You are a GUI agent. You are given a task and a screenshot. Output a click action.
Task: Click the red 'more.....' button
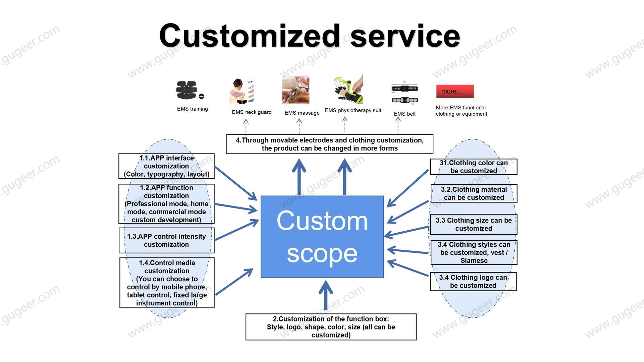pos(455,91)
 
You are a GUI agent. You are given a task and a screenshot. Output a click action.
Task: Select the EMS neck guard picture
pos(242,91)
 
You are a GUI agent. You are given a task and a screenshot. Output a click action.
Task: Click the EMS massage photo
pos(296,89)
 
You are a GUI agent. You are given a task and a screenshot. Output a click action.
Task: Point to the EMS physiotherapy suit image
pos(348,89)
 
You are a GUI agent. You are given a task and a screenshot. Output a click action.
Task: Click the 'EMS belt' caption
pos(405,114)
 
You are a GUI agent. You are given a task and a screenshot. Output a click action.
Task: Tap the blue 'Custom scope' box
pos(322,237)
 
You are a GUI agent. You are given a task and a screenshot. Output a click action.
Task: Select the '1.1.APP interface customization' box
pos(166,166)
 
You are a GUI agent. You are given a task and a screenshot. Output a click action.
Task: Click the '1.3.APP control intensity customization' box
pos(166,240)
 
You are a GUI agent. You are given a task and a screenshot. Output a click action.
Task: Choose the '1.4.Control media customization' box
pos(167,283)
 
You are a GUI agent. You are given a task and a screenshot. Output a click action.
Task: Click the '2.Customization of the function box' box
pos(331,327)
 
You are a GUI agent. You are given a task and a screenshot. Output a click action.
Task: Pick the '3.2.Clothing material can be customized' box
pos(474,193)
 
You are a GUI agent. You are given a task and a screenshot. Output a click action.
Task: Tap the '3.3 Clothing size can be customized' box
pos(474,224)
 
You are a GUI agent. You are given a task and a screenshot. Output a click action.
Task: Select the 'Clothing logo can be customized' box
pos(473,281)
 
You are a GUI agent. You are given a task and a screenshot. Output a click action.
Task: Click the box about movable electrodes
pos(330,144)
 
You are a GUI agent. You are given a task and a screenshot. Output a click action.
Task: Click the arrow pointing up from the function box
pos(325,295)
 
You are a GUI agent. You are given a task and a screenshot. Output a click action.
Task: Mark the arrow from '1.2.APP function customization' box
pos(236,208)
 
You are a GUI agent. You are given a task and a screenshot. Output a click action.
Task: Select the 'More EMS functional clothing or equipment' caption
pos(462,111)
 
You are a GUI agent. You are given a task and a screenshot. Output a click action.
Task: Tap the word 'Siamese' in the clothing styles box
pos(474,260)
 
